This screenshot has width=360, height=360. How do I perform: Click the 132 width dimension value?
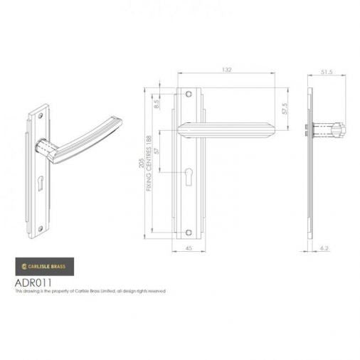tap(227, 70)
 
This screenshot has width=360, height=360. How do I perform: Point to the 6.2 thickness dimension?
tap(324, 250)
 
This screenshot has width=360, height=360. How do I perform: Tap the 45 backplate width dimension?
tap(188, 249)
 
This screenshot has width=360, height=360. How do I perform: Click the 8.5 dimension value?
tap(157, 104)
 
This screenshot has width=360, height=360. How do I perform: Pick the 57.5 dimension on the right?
tap(284, 109)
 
